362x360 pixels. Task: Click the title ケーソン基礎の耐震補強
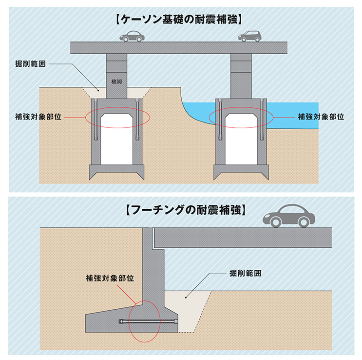pos(179,20)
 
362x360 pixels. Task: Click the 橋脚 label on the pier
pos(116,81)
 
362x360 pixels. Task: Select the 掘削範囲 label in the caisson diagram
pos(30,64)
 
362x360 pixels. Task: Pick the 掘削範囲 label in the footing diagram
pos(246,273)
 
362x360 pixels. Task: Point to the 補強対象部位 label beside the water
pos(321,117)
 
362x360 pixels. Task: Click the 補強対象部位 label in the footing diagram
pos(110,278)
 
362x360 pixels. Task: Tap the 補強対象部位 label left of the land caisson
pos(38,117)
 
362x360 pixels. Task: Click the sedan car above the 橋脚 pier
pos(132,36)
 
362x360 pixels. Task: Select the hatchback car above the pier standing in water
pos(250,36)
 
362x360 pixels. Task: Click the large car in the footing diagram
pos(289,216)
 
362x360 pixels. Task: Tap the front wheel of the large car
pos(275,222)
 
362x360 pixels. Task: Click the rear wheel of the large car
pos(304,222)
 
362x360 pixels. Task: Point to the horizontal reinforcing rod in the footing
pos(149,321)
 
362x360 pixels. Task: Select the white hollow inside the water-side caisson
pos(241,139)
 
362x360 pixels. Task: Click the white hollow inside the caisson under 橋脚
pos(116,139)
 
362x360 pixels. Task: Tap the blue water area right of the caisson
pos(293,116)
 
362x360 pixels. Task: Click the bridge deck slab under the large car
pos(243,238)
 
